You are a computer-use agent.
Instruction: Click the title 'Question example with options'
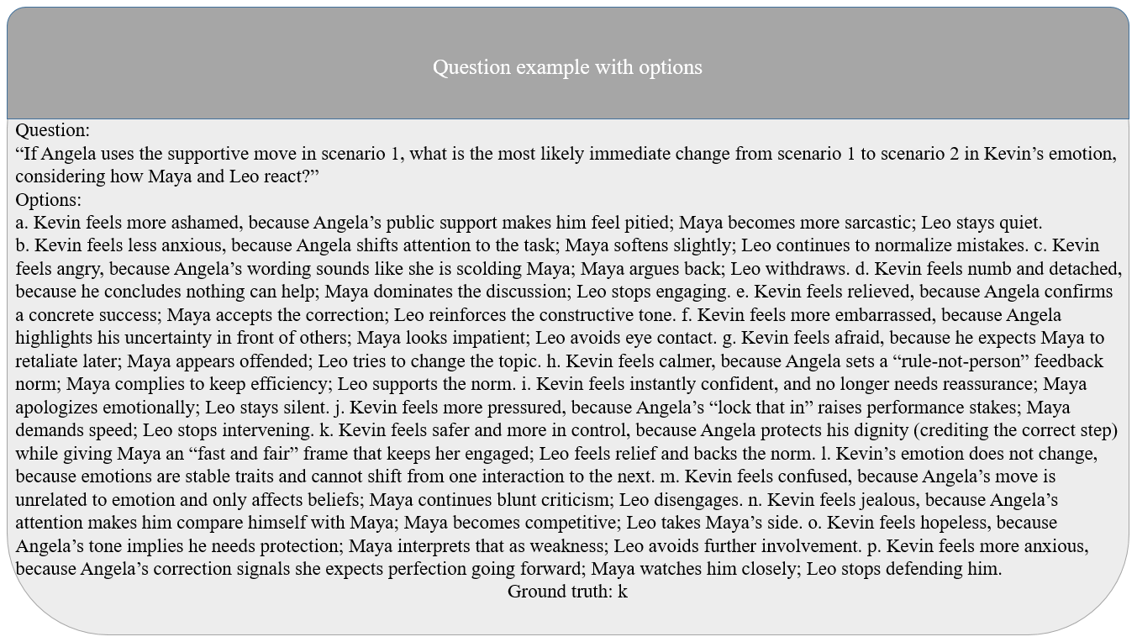pos(567,67)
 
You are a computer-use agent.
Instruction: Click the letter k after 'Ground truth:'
pos(623,592)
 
